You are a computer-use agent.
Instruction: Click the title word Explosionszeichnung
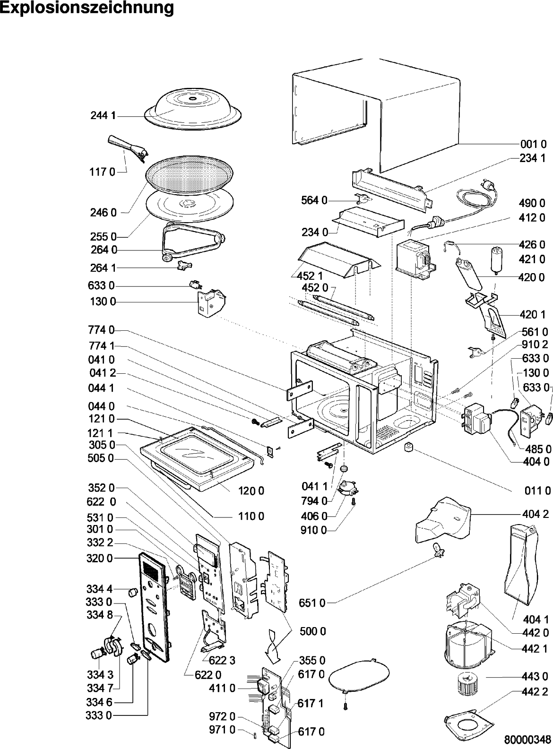[87, 9]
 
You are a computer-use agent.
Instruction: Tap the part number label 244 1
[103, 116]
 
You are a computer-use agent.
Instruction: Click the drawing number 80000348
[527, 739]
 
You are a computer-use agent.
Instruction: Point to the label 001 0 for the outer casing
[533, 145]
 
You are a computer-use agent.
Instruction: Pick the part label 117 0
[102, 172]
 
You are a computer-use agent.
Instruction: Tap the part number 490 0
[532, 203]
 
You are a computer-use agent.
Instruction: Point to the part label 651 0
[313, 603]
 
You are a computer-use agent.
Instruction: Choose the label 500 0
[313, 631]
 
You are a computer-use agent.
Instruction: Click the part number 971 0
[222, 730]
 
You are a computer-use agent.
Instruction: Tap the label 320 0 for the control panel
[100, 559]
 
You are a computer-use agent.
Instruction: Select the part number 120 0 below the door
[251, 491]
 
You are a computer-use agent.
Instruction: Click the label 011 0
[538, 491]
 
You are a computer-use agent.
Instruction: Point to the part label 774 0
[101, 330]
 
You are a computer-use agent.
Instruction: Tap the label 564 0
[314, 201]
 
